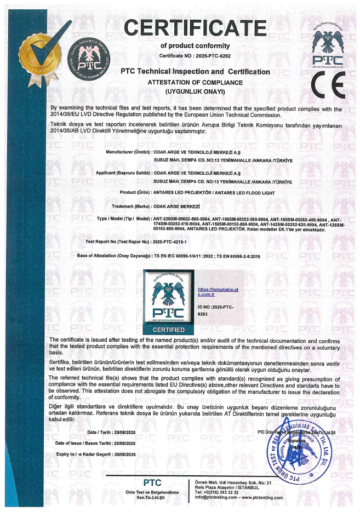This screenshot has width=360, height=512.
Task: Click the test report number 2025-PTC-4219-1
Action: click(x=170, y=241)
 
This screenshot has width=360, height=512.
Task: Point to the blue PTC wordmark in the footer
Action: click(x=151, y=483)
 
